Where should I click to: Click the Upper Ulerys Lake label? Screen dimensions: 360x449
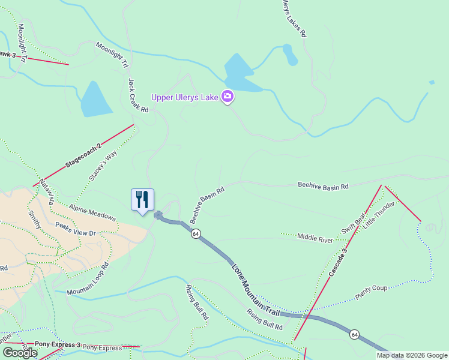coord(185,97)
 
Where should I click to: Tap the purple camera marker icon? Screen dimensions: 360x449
coord(228,95)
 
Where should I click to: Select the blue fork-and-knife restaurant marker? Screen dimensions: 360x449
coord(142,200)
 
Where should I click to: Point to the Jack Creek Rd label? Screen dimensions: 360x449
coord(138,95)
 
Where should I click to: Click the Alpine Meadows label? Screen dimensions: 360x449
coord(92,212)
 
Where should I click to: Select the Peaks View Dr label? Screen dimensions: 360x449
coord(76,229)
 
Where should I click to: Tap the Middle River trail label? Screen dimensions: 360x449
coord(315,238)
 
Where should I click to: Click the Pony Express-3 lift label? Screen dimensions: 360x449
coord(58,344)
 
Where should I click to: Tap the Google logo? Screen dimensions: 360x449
coord(20,353)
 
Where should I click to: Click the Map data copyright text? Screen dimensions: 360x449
coord(412,355)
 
